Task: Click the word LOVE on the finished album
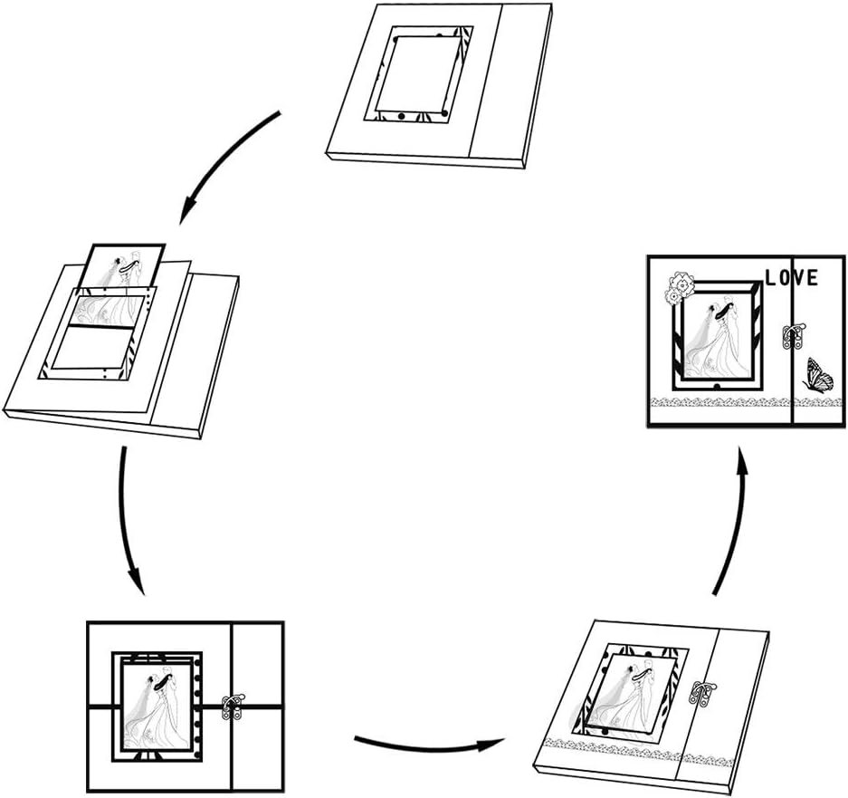(791, 277)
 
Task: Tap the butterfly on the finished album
(817, 374)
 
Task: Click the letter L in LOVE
(770, 278)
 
